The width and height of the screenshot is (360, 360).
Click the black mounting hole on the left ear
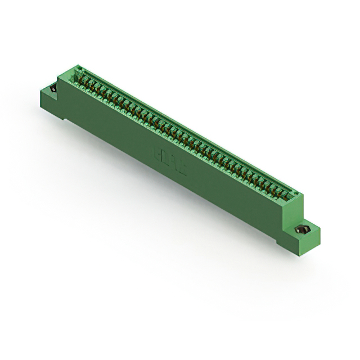tap(53, 88)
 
